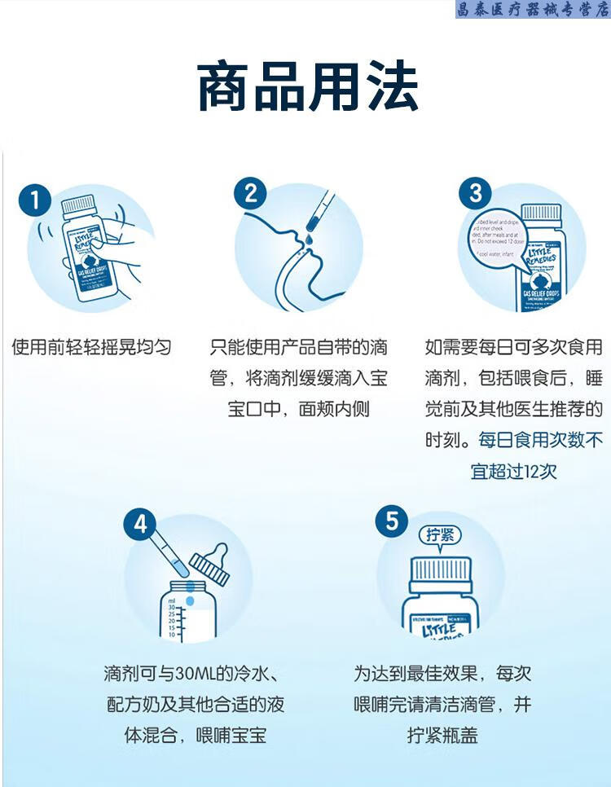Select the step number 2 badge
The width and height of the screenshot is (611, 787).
250,194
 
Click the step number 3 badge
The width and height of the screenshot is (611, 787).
476,194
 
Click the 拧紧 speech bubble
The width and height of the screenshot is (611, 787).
444,535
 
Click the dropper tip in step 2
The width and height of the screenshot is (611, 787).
311,222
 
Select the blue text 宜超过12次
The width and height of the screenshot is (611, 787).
514,471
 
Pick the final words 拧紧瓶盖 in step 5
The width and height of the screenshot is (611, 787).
442,735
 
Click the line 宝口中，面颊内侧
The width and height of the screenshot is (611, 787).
298,409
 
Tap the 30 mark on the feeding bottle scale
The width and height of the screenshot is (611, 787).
172,608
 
